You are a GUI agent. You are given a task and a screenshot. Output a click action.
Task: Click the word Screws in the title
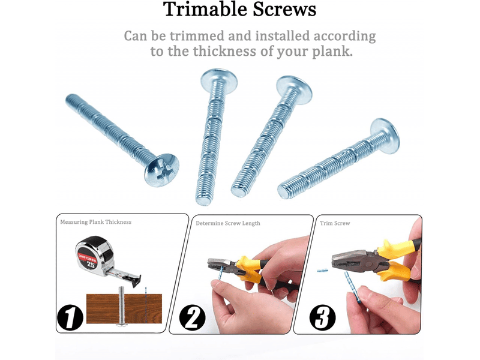pos(284,9)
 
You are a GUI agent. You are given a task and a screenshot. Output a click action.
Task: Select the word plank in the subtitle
pos(332,52)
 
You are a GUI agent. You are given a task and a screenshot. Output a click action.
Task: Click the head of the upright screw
pos(219,80)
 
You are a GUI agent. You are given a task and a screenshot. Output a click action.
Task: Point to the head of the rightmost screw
pos(386,136)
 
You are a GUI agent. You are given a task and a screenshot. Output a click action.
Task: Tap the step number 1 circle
pos(70,317)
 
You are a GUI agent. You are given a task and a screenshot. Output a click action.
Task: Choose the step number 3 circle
pos(322,317)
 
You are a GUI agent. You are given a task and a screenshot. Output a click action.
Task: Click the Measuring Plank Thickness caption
pos(96,222)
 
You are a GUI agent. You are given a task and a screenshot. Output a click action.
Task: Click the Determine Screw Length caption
pos(228,223)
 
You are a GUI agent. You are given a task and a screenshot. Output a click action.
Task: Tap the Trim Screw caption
pos(335,223)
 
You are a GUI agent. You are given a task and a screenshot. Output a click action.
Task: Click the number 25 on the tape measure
pos(91,264)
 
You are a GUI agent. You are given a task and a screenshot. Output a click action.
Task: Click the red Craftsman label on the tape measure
pos(88,258)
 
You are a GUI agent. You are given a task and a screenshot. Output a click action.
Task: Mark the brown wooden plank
pos(124,308)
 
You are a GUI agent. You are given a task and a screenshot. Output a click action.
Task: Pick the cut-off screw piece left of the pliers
pos(322,271)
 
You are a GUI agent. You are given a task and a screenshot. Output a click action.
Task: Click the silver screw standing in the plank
pos(122,305)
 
